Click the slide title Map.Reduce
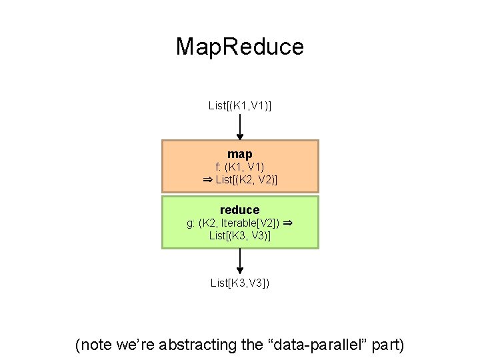click(240, 47)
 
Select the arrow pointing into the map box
click(240, 126)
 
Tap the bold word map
click(240, 154)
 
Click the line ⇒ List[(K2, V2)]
click(240, 179)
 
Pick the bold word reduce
click(240, 210)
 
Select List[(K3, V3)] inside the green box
click(240, 235)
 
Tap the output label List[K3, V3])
click(240, 283)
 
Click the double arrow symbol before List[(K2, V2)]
click(207, 179)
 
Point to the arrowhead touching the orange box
click(240, 137)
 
